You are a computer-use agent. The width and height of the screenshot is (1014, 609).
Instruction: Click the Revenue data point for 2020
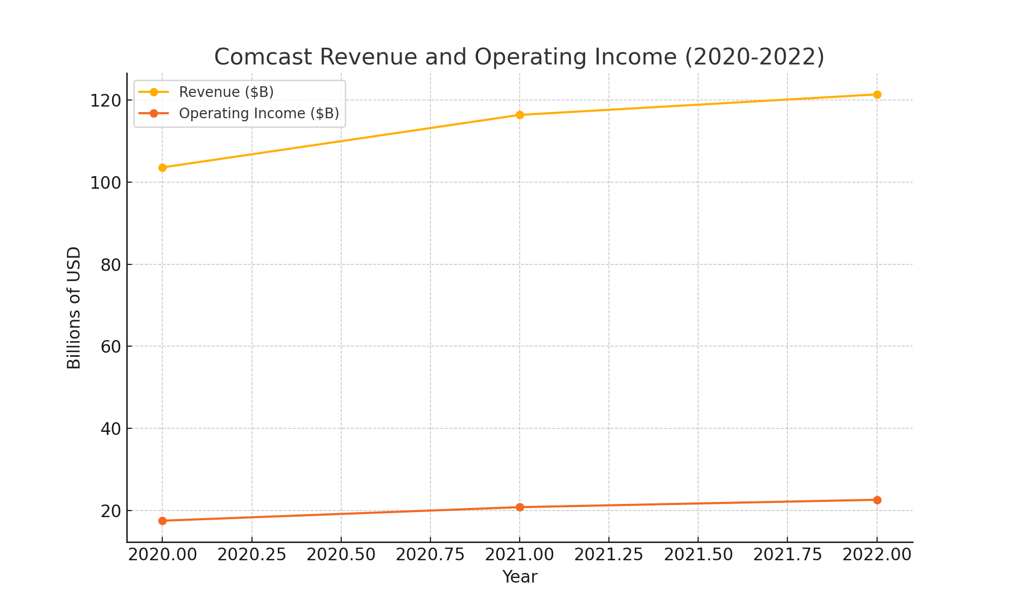pyautogui.click(x=162, y=167)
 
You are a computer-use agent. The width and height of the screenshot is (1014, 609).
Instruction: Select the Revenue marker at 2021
pyautogui.click(x=520, y=115)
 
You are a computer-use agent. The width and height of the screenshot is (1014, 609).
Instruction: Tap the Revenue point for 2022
pyautogui.click(x=877, y=94)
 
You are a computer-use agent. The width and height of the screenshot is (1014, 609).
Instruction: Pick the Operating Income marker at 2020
pyautogui.click(x=162, y=521)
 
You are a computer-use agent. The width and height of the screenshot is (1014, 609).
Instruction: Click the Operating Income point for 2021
pyautogui.click(x=520, y=507)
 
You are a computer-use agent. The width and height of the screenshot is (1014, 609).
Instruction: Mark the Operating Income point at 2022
pyautogui.click(x=877, y=500)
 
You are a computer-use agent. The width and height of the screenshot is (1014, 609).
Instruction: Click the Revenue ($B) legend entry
pyautogui.click(x=226, y=92)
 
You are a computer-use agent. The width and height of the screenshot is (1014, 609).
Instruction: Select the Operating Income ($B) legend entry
pyautogui.click(x=259, y=113)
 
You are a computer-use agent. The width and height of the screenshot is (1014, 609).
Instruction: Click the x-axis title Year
pyautogui.click(x=520, y=577)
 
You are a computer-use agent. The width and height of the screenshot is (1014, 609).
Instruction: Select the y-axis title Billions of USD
pyautogui.click(x=74, y=308)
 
